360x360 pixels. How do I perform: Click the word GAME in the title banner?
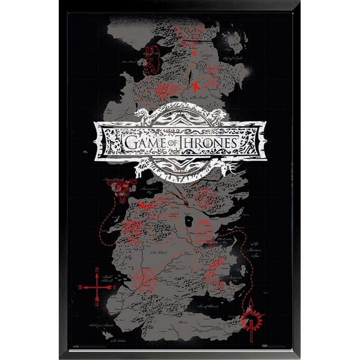[x=143, y=143]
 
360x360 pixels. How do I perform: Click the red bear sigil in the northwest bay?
[x=151, y=58]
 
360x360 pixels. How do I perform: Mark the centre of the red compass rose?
[x=97, y=287]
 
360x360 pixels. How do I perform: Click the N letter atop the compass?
[x=97, y=270]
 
